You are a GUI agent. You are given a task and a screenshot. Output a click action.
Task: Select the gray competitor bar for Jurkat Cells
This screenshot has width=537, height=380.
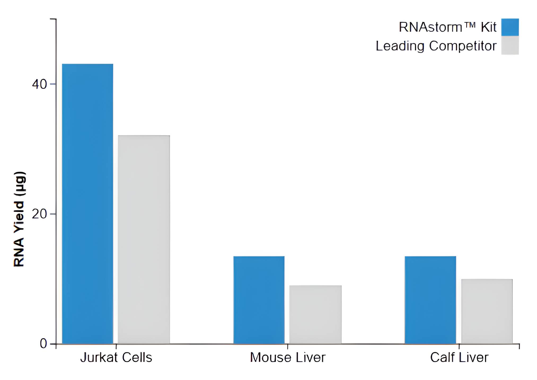click(144, 240)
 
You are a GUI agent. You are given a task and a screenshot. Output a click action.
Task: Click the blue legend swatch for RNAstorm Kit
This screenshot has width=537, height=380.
click(510, 27)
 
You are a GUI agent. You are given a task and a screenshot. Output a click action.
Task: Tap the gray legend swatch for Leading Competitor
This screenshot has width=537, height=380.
click(510, 46)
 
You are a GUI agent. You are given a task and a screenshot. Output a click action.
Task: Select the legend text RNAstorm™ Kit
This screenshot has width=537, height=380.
click(447, 27)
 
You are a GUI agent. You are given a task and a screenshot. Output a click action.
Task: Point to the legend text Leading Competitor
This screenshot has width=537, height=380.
click(436, 46)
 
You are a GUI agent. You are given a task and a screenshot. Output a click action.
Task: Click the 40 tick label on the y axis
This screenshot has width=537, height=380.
click(39, 84)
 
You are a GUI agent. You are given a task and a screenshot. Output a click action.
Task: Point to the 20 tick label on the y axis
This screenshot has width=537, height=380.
click(39, 214)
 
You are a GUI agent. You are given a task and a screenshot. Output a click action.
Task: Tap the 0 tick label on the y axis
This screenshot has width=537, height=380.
click(43, 344)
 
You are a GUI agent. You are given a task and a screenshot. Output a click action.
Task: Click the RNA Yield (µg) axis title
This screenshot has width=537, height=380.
click(19, 219)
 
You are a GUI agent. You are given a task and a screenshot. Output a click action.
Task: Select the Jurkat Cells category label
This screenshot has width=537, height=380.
click(116, 357)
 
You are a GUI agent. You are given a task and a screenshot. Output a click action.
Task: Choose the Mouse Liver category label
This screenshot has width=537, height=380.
click(288, 357)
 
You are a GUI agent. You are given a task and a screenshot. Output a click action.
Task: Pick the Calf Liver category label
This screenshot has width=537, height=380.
click(459, 357)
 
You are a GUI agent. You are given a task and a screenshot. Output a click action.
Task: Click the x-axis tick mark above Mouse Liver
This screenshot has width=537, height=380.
click(288, 346)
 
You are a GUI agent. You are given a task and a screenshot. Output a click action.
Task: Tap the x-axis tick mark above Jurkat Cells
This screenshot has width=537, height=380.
click(116, 346)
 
